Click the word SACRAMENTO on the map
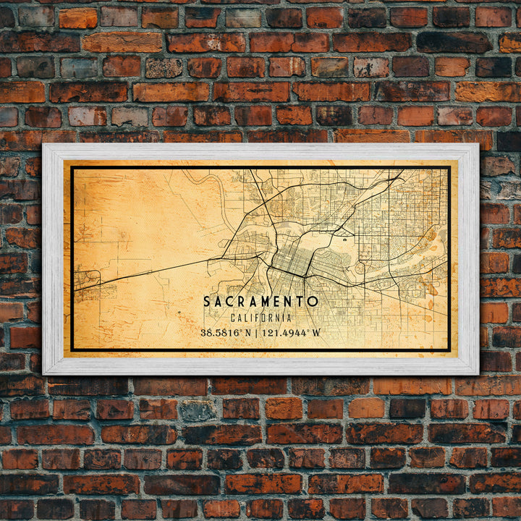click(260, 301)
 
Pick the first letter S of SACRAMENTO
click(207, 301)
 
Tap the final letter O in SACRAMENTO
click(313, 301)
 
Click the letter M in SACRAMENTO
click(260, 301)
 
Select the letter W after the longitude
click(315, 333)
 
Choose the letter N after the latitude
click(249, 333)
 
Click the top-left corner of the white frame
click(43, 145)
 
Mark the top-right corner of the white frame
click(478, 145)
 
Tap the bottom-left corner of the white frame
click(43, 373)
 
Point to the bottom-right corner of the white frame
click(478, 373)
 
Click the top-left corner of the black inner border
click(72, 169)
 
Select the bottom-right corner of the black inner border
click(449, 351)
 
